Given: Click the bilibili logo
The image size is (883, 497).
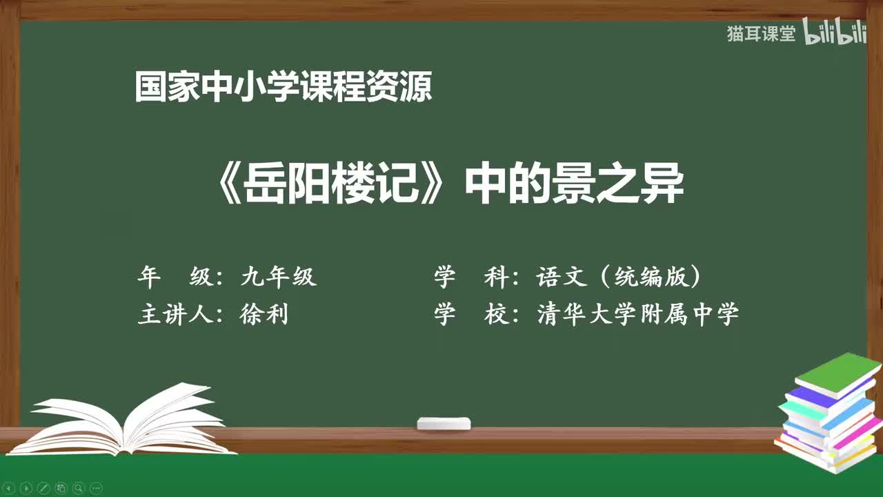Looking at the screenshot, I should [835, 33].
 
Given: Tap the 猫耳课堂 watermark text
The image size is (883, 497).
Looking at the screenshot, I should [761, 33].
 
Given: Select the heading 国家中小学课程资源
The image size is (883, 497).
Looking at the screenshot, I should [284, 88].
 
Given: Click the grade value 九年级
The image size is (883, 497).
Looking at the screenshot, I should [278, 277].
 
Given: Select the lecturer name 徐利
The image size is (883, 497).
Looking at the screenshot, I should [264, 314].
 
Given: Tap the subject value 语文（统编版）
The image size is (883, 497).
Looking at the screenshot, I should [619, 277].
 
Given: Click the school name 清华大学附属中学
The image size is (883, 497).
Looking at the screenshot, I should [638, 314].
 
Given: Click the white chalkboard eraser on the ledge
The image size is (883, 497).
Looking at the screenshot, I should [444, 423].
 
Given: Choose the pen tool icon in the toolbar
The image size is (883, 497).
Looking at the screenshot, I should [43, 487].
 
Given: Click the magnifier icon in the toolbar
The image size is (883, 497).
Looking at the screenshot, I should [79, 487].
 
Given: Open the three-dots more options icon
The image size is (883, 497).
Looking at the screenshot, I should [96, 487].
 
